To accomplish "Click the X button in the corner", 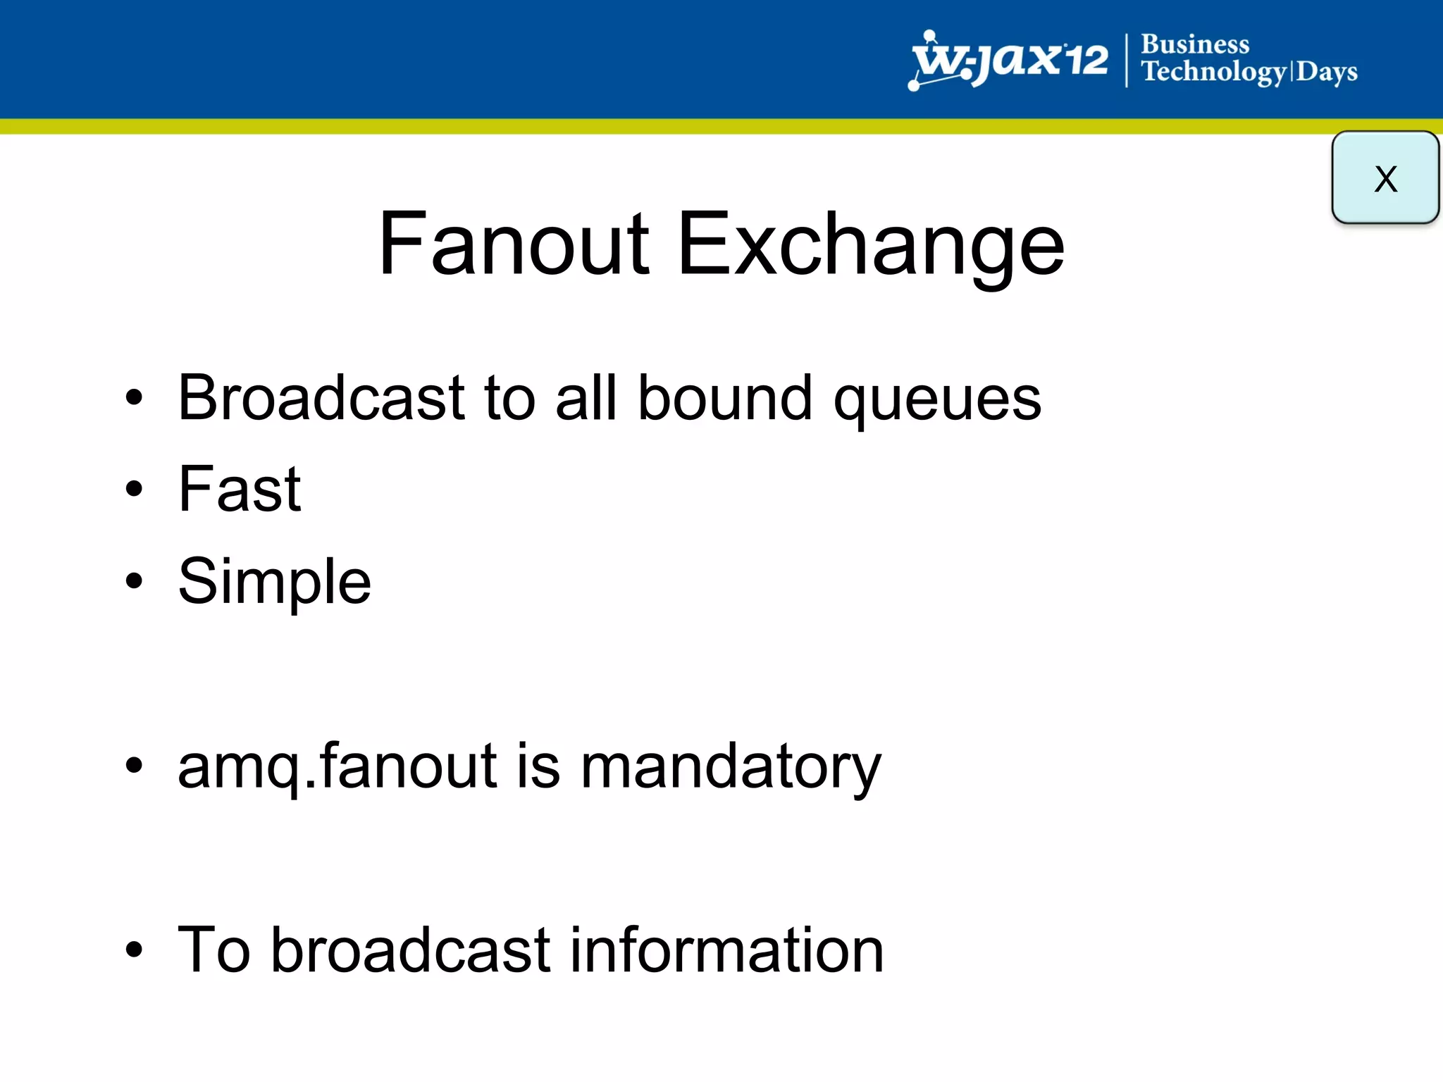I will click(x=1385, y=178).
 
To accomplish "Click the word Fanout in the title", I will click(x=513, y=244).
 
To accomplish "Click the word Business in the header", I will click(x=1195, y=44).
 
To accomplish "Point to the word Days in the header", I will click(x=1327, y=73).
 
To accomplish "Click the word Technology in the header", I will click(x=1214, y=73).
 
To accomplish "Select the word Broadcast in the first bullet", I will click(x=321, y=398).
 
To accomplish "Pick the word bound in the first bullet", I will click(x=725, y=398).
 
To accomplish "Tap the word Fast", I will click(x=240, y=489).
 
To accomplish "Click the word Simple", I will click(x=274, y=583).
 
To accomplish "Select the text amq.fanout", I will click(x=337, y=766).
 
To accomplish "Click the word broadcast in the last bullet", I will click(x=409, y=950).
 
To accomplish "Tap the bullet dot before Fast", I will click(x=134, y=489).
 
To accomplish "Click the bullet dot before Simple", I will click(x=134, y=581).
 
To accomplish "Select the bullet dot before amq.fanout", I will click(x=134, y=766).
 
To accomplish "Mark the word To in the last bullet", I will click(x=214, y=950).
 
